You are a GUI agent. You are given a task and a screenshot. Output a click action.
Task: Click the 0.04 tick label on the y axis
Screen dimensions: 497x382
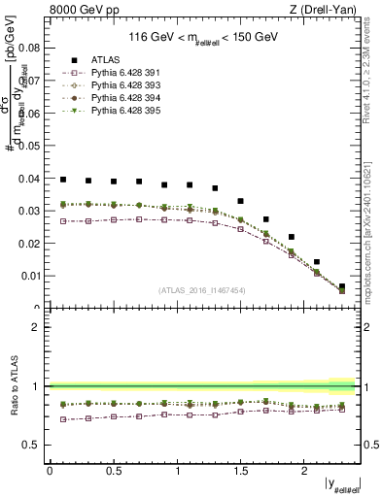pos(29,178)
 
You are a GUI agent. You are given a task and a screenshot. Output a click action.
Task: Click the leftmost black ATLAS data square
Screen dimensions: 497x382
pos(63,180)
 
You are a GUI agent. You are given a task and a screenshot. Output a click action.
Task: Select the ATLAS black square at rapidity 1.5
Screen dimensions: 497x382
pos(240,201)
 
